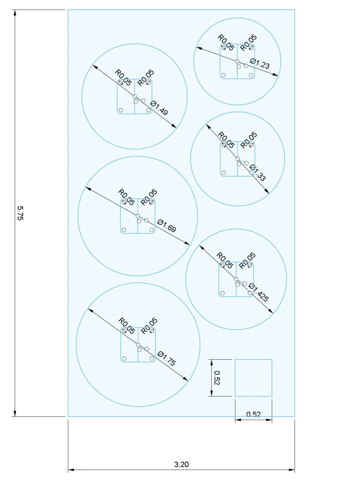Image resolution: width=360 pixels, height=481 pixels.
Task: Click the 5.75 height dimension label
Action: click(20, 213)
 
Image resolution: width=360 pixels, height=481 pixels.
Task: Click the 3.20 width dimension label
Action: click(181, 464)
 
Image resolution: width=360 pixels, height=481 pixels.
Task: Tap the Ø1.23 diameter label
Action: click(260, 64)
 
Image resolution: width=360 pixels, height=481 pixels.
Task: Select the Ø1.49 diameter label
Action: click(159, 108)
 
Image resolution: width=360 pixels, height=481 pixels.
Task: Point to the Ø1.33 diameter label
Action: click(257, 173)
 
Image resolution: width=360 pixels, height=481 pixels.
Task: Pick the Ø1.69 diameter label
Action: click(167, 226)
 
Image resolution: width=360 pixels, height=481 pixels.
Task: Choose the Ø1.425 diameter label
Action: click(259, 292)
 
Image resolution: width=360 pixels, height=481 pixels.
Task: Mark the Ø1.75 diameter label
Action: click(167, 358)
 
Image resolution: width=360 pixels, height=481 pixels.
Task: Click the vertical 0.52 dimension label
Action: click(217, 378)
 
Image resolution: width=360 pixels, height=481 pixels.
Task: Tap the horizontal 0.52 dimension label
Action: click(254, 414)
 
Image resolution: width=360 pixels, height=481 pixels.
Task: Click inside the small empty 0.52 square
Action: click(254, 378)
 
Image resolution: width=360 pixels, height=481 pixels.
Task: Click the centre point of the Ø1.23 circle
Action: click(237, 61)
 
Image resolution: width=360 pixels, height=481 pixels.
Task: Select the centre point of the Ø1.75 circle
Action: click(138, 345)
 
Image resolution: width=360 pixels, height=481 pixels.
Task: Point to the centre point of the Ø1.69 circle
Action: click(138, 216)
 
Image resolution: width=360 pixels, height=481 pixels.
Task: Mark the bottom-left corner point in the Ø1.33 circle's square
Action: click(224, 173)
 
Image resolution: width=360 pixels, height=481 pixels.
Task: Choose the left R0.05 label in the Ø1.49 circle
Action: click(123, 77)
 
